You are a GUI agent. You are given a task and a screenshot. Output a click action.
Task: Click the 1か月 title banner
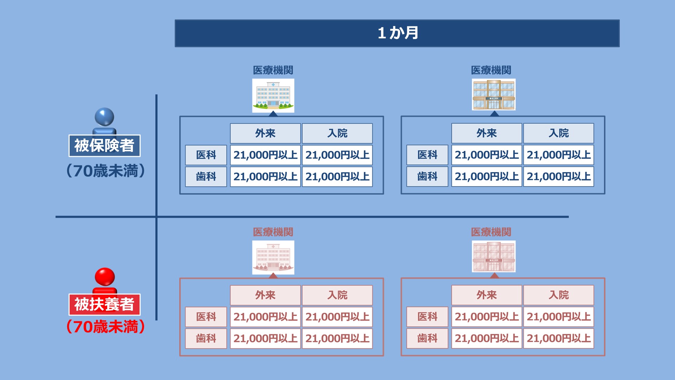point(397,33)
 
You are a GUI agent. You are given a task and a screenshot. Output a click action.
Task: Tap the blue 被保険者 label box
point(104,146)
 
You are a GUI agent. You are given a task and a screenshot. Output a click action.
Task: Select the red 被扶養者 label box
point(104,304)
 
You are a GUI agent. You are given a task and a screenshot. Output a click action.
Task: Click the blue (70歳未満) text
point(105,171)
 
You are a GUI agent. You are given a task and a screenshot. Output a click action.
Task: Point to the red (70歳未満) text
point(105,327)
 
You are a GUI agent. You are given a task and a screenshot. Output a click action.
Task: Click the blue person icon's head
point(104,117)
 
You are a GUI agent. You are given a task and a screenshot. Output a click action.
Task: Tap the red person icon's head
point(105,277)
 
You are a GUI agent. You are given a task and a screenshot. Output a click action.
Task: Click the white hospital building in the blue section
point(273,95)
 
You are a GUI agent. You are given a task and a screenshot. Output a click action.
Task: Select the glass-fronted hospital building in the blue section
point(494,94)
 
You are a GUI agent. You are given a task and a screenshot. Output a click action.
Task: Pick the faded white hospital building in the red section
point(273,257)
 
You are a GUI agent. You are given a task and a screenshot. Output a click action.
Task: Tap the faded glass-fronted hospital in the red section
point(494,256)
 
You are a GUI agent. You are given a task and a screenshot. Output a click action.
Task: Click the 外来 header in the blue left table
point(265,133)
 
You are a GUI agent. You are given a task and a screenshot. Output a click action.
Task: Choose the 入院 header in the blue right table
point(559,133)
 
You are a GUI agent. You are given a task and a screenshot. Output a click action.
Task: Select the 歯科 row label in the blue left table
point(206,176)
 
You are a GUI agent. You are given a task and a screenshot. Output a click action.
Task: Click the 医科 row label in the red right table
point(427,317)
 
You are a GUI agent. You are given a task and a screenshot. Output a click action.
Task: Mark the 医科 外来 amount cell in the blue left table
point(265,155)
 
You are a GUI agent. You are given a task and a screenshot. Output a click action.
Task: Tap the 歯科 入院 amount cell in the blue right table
point(559,176)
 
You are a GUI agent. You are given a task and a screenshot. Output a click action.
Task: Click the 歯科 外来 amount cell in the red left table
point(265,338)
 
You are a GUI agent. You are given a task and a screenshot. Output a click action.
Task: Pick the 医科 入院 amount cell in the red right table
point(559,317)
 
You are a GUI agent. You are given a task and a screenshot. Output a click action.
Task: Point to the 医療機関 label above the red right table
point(491,232)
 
